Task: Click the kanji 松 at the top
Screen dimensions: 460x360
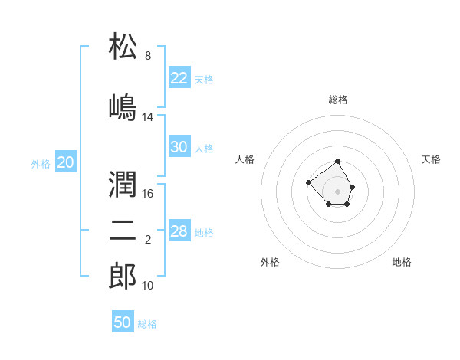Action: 123,46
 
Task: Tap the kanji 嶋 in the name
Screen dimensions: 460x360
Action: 123,107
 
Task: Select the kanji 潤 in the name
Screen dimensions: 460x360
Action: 123,184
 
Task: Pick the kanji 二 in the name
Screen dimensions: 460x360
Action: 123,231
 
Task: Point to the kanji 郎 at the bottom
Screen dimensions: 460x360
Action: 123,276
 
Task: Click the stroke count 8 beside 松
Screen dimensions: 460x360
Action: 148,55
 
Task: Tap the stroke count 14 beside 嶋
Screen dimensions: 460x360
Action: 147,117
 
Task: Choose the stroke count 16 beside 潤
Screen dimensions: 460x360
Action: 147,194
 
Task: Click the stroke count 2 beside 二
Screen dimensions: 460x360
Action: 148,240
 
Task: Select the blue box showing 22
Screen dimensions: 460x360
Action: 179,77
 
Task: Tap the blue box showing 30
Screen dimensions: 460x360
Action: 179,146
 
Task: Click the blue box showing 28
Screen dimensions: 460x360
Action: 179,230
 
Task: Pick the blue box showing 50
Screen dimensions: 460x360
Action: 123,321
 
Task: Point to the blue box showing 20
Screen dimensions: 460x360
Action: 66,162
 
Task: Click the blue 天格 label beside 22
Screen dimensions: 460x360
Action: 204,80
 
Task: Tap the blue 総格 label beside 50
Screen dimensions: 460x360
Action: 147,324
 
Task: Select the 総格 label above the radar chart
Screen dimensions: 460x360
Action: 338,100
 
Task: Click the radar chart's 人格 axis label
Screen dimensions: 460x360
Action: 245,159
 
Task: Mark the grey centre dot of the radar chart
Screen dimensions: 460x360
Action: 337,191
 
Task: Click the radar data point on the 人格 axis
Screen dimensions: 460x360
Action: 308,182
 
